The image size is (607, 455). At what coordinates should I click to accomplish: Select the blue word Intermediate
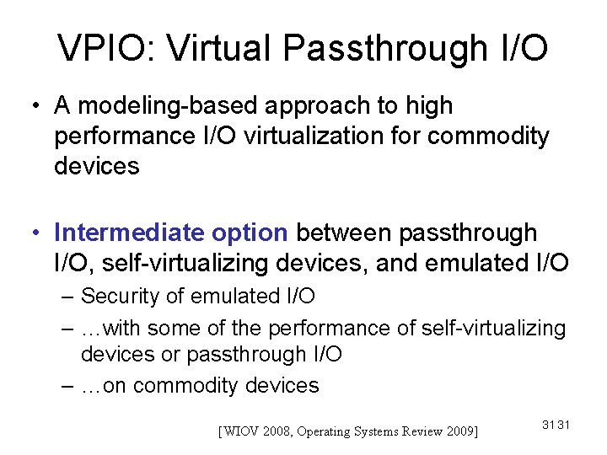click(x=126, y=233)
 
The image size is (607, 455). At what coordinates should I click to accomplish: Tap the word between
click(x=344, y=233)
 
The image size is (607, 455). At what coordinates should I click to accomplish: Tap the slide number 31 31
click(x=556, y=425)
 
